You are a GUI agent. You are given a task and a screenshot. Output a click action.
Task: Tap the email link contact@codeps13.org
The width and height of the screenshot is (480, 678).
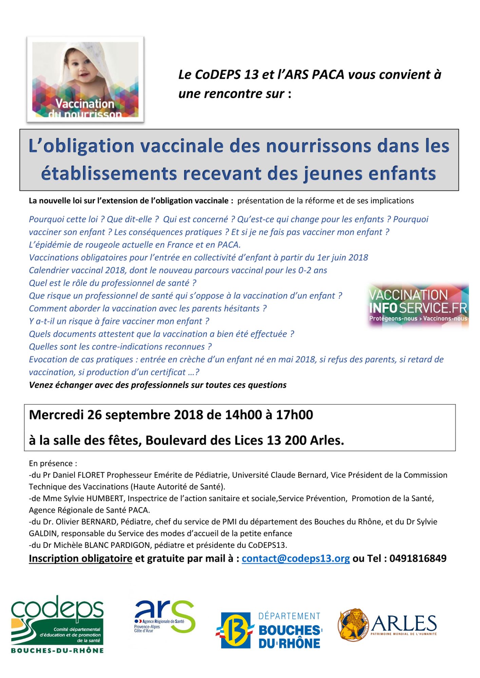(295, 558)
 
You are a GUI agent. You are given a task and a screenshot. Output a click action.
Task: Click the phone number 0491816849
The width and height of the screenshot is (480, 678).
(418, 558)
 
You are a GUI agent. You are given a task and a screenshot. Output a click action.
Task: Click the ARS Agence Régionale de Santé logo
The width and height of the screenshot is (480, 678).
(165, 616)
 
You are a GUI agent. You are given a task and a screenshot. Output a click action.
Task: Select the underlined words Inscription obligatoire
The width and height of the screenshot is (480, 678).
(80, 558)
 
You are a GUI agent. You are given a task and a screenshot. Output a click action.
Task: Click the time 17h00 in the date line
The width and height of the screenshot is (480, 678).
(294, 415)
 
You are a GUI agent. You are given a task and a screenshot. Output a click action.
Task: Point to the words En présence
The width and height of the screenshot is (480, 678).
(51, 463)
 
